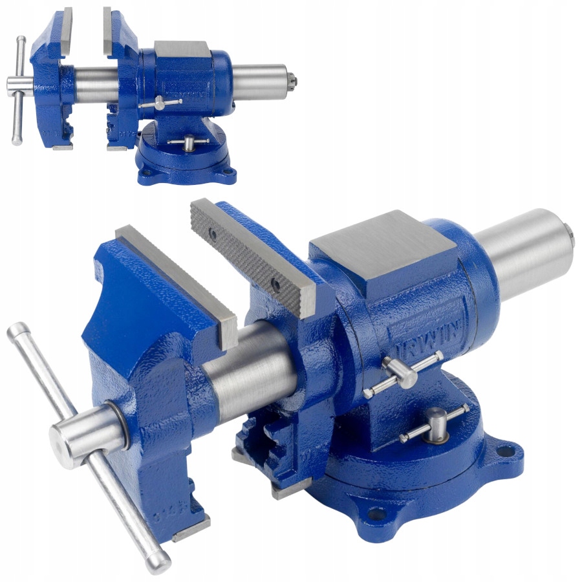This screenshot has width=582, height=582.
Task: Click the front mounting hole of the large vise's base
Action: tap(374, 513)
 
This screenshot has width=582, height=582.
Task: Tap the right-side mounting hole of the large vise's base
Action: tap(507, 449)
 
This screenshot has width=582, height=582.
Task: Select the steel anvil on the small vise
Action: tap(181, 48)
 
